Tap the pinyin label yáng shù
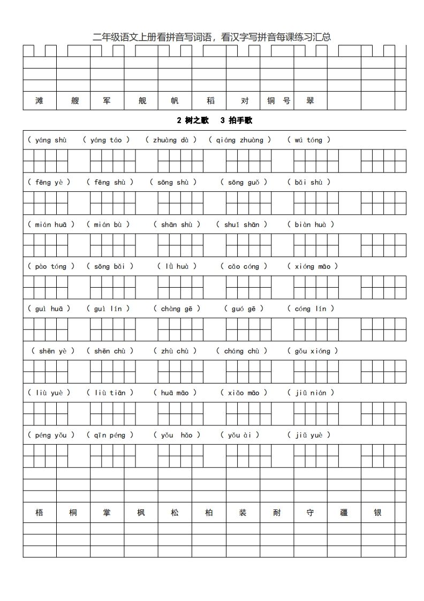(50, 140)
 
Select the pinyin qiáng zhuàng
(240, 140)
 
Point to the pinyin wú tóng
(309, 140)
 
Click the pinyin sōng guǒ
(244, 182)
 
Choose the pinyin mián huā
(51, 224)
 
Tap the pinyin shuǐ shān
(241, 224)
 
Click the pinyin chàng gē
(177, 309)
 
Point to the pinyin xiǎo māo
(244, 393)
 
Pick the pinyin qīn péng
(110, 435)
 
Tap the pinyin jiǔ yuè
(309, 435)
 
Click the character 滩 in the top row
(39, 101)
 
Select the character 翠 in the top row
(310, 101)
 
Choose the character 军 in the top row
(107, 101)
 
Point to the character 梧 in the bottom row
(39, 513)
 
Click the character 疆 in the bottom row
(344, 513)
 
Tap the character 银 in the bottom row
(378, 513)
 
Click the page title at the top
(212, 37)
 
